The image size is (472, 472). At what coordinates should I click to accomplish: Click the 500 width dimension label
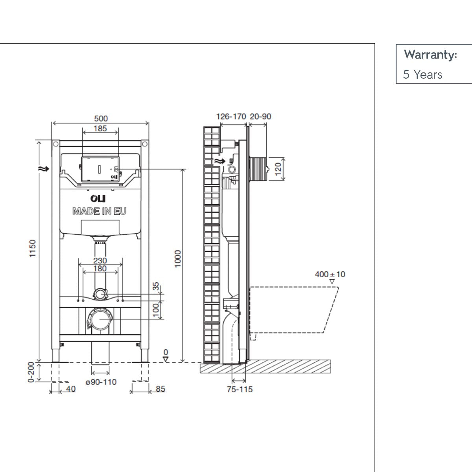tap(101, 118)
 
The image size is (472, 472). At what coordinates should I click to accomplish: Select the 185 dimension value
tap(100, 129)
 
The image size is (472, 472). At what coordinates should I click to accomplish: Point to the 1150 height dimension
tap(33, 249)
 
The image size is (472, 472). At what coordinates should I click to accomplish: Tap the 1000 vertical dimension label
tap(178, 259)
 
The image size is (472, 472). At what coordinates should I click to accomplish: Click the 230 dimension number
tap(100, 260)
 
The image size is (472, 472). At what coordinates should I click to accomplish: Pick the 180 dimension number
tap(100, 269)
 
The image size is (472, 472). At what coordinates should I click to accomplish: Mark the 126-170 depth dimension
tap(231, 116)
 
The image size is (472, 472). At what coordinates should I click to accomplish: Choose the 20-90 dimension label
tap(260, 116)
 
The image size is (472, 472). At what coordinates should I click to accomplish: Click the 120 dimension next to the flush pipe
tap(279, 169)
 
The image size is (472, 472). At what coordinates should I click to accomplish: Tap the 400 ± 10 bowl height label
tap(330, 274)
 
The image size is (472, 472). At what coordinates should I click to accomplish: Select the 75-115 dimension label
tap(240, 389)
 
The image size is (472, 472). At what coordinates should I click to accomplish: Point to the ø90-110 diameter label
tap(101, 382)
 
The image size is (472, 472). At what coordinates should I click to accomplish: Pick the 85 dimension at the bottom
tap(160, 389)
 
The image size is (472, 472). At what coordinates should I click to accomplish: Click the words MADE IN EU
tap(100, 211)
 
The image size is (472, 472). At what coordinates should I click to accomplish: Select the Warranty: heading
tap(430, 55)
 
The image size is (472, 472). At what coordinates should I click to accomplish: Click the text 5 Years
tap(422, 75)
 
